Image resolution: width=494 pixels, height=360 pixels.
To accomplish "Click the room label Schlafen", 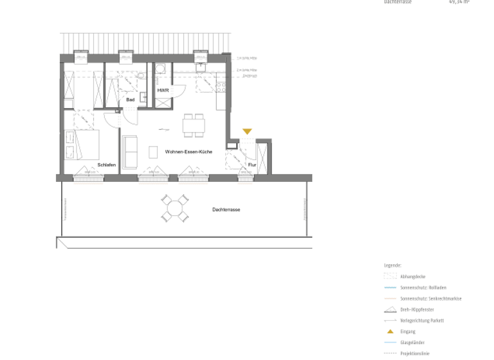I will (x=107, y=165).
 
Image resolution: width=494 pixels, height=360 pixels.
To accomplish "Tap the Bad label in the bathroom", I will (x=131, y=100).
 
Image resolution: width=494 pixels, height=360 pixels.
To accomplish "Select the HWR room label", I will (x=163, y=91).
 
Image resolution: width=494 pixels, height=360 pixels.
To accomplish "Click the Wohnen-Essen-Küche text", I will (x=188, y=152).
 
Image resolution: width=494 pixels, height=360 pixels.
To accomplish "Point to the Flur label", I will (x=252, y=165).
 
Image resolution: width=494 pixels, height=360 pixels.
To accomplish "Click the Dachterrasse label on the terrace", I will (x=226, y=210).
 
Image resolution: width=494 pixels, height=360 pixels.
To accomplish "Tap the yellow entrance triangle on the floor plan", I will (x=247, y=132).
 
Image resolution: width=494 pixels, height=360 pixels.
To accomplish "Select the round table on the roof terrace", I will (x=175, y=208).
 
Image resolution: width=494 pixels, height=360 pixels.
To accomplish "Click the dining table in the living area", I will (x=194, y=125).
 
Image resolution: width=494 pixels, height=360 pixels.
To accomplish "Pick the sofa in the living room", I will (x=131, y=152).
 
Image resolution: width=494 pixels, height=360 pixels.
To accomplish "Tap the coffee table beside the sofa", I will (x=153, y=152).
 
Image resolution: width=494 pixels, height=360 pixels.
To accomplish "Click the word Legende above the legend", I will (x=392, y=265).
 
